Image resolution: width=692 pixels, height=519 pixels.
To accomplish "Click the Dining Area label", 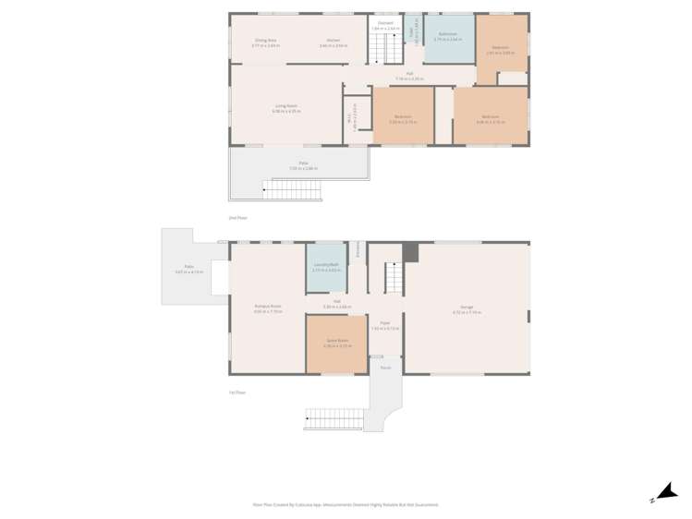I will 267,41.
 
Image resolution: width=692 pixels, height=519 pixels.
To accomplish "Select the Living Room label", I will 285,106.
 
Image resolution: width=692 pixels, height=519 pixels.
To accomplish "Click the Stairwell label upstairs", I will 385,23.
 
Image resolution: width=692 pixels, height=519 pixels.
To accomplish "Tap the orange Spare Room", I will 336,343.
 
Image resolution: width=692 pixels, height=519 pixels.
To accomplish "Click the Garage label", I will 467,308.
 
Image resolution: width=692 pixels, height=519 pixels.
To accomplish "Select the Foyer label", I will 385,324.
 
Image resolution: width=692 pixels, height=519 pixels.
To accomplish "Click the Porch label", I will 385,368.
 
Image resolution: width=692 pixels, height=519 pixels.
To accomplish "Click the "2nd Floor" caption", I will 237,218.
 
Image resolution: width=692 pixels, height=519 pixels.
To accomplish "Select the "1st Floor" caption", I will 237,392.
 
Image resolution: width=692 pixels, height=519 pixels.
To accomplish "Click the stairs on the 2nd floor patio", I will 292,190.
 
